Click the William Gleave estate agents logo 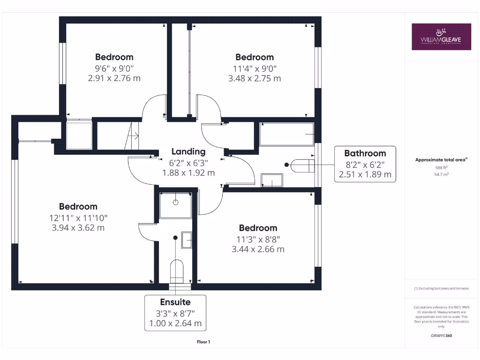click(441, 37)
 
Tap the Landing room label click(188, 151)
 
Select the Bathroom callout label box click(365, 164)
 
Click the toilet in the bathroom click(303, 165)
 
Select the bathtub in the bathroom click(287, 135)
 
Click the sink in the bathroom click(272, 180)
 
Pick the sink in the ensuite click(187, 240)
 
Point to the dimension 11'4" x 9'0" click(255, 68)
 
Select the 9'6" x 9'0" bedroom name click(114, 57)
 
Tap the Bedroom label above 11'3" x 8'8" click(258, 228)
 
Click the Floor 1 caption click(203, 342)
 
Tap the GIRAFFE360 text click(441, 336)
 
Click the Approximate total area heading click(441, 160)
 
